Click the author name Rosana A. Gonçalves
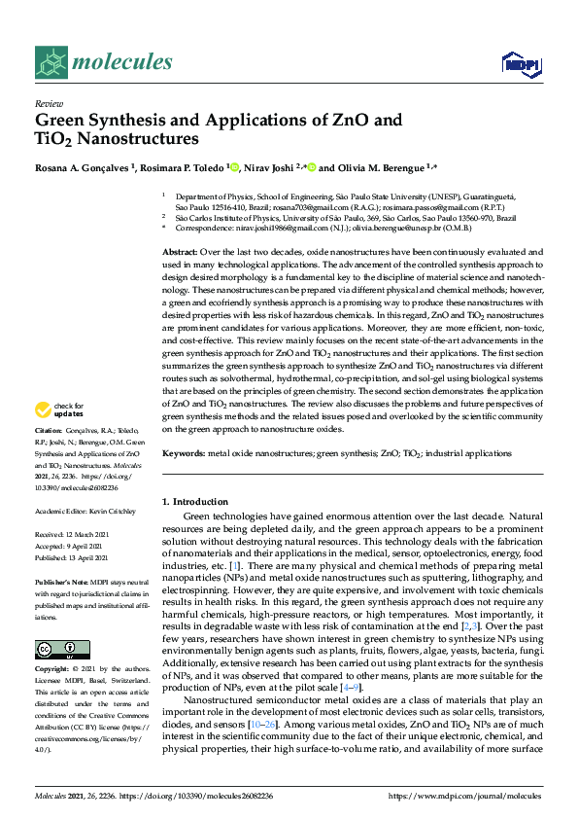click(x=82, y=167)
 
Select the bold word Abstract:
click(x=181, y=252)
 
